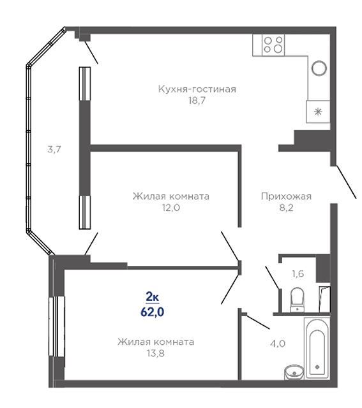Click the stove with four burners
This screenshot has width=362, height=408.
click(273, 45)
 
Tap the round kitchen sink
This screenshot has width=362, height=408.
click(319, 68)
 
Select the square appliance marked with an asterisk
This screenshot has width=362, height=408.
click(318, 112)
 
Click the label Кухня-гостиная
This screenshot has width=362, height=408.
click(197, 89)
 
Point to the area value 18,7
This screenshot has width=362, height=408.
click(197, 101)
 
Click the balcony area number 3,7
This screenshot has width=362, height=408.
click(54, 149)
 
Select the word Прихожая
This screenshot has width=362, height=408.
click(286, 196)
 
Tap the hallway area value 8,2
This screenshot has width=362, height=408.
click(286, 208)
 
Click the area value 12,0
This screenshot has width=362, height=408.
click(171, 208)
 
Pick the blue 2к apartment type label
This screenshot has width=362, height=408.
click(152, 296)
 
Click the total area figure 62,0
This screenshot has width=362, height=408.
click(152, 312)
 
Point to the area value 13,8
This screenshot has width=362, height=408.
click(156, 353)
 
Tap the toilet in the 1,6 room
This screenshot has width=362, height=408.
click(297, 300)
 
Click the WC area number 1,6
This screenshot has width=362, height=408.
click(298, 273)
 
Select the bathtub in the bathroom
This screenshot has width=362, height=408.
click(317, 347)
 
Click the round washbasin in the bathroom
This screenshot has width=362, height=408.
click(294, 372)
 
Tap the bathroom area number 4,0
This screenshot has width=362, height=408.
click(278, 344)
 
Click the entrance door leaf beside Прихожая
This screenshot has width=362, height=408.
click(347, 182)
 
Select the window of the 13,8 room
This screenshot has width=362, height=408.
click(57, 326)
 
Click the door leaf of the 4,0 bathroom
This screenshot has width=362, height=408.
click(258, 322)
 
